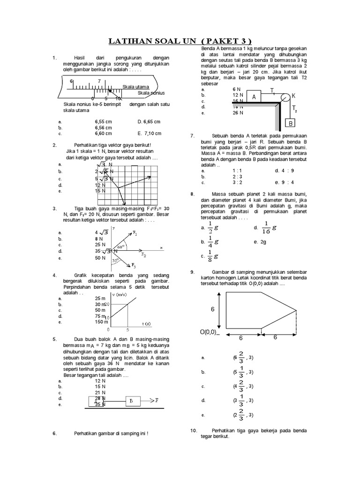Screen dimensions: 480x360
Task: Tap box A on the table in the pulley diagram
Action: click(x=254, y=97)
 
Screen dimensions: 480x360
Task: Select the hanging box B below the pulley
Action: click(x=290, y=124)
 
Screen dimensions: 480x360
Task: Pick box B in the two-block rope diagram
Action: click(x=131, y=401)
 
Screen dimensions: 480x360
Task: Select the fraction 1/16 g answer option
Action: click(x=268, y=228)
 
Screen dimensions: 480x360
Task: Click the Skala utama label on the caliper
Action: click(x=135, y=87)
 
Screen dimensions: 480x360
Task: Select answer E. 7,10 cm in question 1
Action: click(x=149, y=133)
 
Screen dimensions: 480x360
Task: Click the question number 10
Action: click(x=194, y=430)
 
